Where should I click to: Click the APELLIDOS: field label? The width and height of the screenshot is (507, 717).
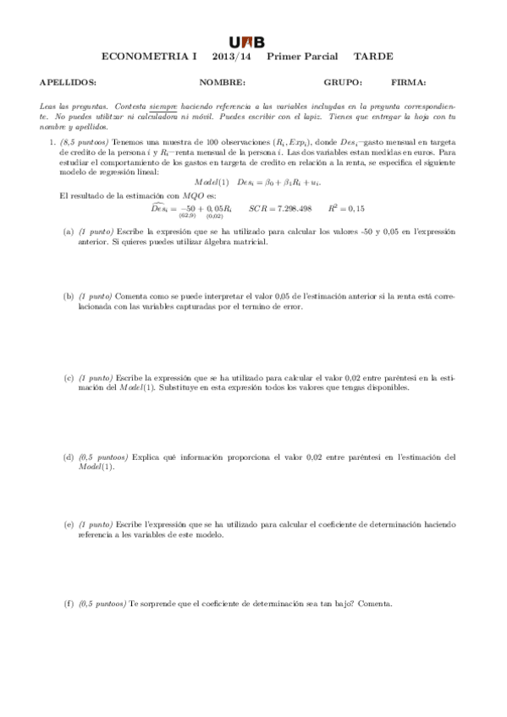[68, 83]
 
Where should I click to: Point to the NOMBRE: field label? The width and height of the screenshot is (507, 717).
[222, 83]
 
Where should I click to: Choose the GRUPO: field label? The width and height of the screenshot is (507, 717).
[343, 83]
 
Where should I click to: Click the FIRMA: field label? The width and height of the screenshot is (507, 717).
[409, 83]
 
